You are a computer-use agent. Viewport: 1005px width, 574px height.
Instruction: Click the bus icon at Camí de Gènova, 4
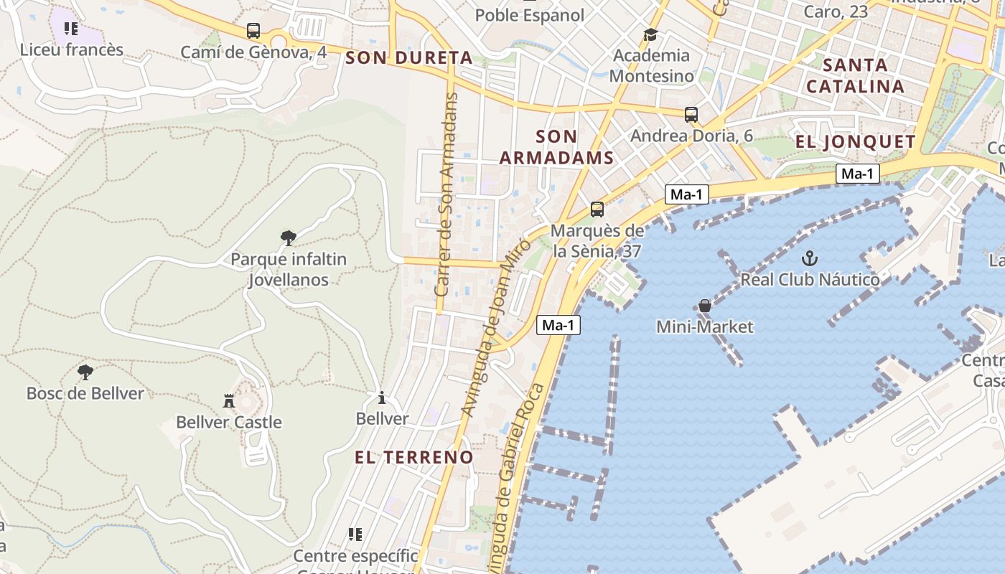point(253,31)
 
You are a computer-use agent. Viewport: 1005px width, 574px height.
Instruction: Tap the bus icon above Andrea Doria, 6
point(691,114)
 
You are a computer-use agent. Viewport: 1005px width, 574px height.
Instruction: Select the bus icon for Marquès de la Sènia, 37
point(597,210)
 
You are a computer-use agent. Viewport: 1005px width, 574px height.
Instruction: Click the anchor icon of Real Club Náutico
point(810,258)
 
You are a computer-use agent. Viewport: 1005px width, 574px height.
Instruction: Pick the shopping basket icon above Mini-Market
point(705,306)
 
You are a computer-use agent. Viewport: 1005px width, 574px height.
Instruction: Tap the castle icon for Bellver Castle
point(229,400)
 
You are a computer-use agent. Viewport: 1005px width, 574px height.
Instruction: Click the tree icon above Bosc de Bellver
point(85,372)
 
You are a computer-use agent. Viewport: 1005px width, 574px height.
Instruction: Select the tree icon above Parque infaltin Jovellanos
point(289,237)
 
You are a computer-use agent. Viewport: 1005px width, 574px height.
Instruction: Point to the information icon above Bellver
point(382,397)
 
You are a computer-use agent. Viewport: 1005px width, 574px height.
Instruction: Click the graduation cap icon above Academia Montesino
point(650,34)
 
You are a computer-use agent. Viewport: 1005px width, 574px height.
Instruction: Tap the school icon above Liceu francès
point(71,29)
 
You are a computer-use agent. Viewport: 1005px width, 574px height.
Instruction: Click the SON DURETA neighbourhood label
point(408,58)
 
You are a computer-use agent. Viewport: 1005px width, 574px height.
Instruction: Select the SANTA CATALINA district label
point(855,75)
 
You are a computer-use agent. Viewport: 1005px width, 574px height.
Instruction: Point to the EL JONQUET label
point(855,141)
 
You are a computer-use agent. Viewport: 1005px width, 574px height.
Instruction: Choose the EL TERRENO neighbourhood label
point(414,457)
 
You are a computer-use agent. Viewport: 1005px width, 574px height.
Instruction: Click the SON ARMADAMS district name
point(556,147)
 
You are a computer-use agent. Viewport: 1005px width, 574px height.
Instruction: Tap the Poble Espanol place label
point(530,14)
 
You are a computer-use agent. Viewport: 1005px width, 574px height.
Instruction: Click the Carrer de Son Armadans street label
point(447,194)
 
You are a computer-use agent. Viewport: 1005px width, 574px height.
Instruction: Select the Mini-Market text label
point(705,327)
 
